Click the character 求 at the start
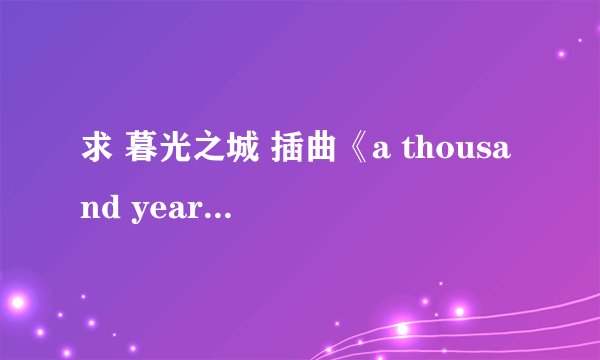pos(95,161)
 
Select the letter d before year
pos(111,208)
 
